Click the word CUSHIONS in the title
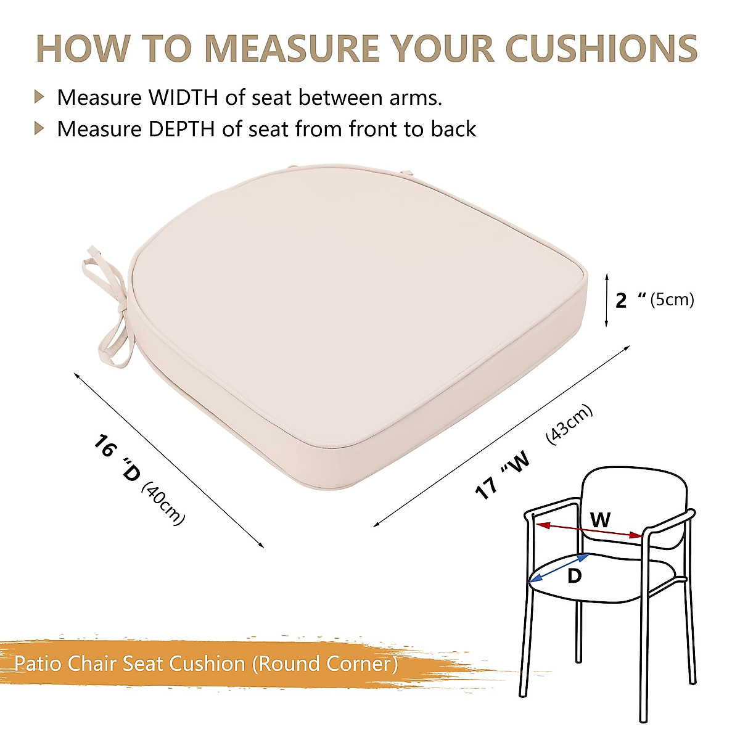point(601,47)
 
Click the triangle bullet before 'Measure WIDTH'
point(40,97)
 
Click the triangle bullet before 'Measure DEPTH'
point(40,128)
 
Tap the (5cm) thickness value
point(672,300)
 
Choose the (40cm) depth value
point(163,504)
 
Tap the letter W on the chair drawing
point(600,519)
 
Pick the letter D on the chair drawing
point(574,577)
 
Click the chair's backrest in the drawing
point(635,493)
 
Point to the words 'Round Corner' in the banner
point(327,664)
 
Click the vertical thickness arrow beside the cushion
point(607,300)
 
